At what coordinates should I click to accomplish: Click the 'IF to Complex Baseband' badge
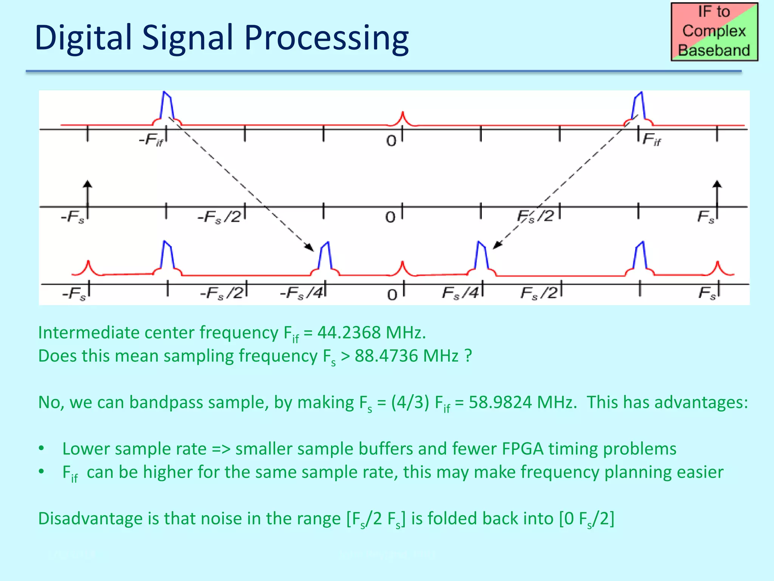[714, 32]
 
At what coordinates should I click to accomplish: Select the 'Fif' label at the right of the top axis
[652, 140]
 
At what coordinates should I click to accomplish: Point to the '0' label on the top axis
[391, 141]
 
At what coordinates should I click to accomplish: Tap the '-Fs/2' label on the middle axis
[219, 217]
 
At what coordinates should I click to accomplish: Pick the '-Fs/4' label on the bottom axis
[302, 293]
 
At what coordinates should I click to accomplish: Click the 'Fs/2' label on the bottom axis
[539, 293]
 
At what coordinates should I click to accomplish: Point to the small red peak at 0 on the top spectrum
[403, 118]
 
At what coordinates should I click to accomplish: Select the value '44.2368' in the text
[349, 333]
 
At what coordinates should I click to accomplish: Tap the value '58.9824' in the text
[500, 402]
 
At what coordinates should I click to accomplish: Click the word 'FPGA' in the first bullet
[523, 449]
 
